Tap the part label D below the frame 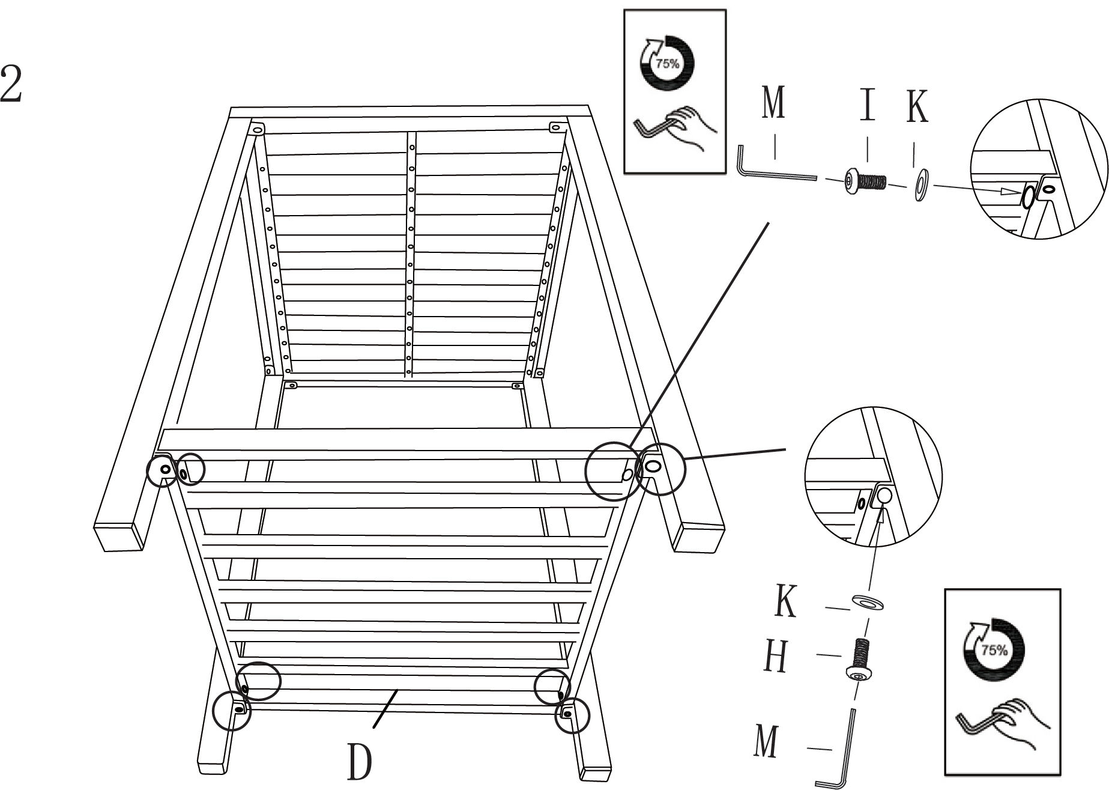tap(359, 761)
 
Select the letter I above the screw tap(867, 103)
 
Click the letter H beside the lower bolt tap(776, 657)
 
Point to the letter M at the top tap(773, 102)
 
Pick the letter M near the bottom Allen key tap(766, 741)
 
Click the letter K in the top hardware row tap(917, 107)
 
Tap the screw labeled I tap(865, 180)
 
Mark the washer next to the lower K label tap(867, 602)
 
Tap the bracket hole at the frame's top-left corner tap(258, 129)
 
